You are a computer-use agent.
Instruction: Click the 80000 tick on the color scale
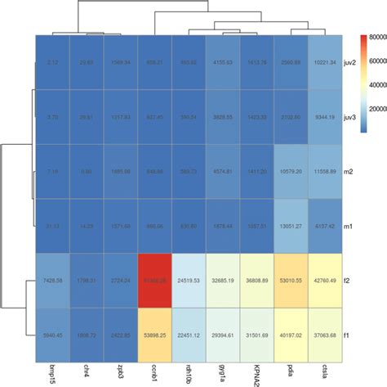[376, 37]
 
